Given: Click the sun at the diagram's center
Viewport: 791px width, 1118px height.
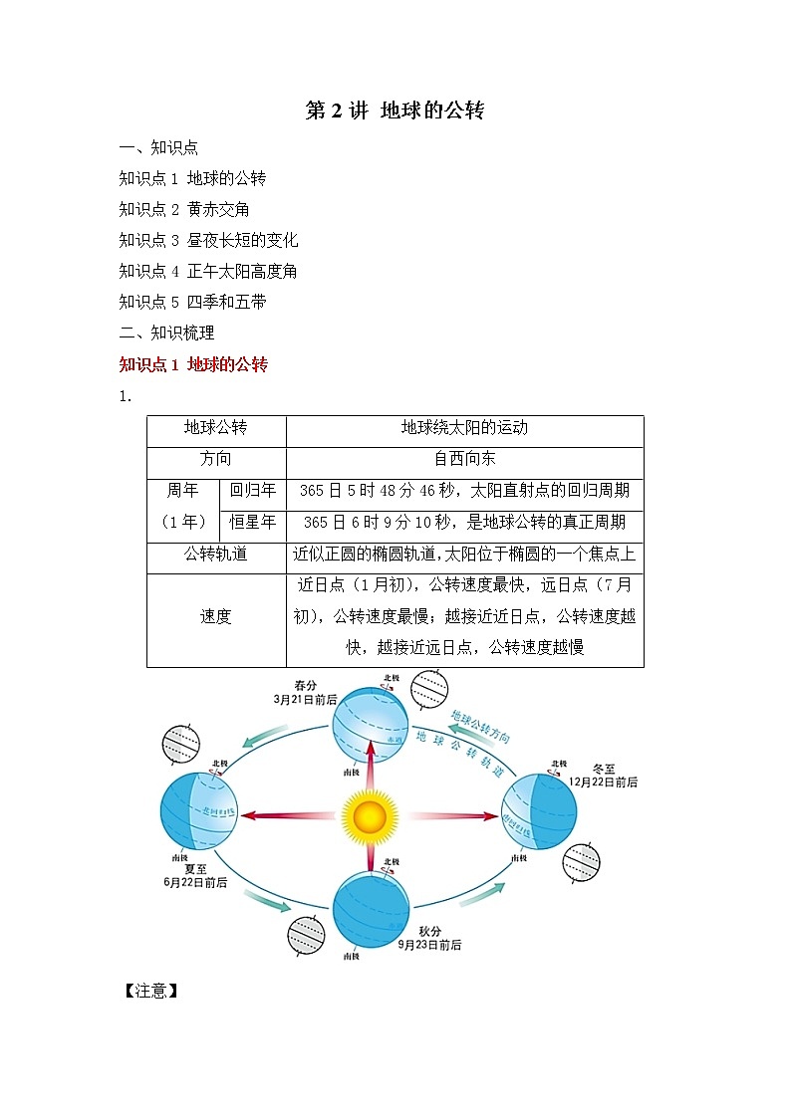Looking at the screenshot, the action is click(370, 815).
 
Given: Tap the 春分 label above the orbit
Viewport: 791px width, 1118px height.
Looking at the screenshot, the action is click(305, 685).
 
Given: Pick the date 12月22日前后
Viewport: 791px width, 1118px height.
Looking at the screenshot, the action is click(603, 783).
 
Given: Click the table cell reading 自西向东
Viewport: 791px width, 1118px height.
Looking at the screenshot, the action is click(464, 459).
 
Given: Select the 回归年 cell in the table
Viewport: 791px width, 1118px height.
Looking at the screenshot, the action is click(252, 490).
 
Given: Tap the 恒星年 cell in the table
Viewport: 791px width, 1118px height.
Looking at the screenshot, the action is click(252, 522).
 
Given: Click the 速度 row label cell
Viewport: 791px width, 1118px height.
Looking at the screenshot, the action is click(216, 616).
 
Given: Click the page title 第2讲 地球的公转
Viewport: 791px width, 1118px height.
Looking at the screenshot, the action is click(395, 111).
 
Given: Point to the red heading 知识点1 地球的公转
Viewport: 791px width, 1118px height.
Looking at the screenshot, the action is click(193, 364).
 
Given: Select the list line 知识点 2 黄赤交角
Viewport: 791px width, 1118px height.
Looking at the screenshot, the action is click(184, 209).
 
